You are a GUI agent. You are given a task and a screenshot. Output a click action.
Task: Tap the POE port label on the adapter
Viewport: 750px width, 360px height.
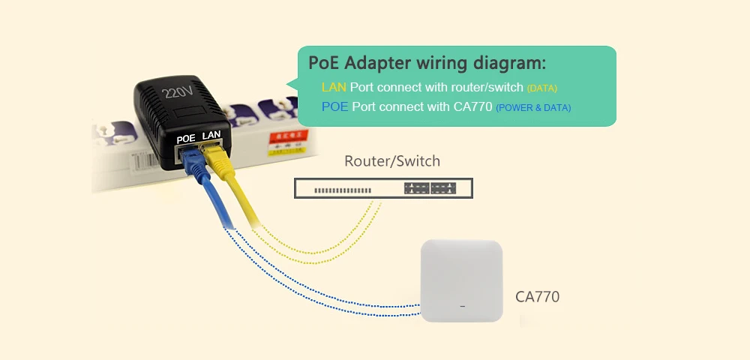[x=186, y=139]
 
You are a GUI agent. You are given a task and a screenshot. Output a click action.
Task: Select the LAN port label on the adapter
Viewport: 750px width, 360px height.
[x=211, y=135]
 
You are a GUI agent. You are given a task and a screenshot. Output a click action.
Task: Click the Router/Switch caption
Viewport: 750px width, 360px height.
[x=391, y=161]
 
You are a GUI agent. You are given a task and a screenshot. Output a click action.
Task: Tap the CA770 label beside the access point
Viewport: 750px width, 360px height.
[x=537, y=297]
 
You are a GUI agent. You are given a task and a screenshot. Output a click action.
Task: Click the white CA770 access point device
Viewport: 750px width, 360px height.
[x=460, y=280]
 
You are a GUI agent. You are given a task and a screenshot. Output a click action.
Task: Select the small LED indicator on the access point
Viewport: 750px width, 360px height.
[x=462, y=305]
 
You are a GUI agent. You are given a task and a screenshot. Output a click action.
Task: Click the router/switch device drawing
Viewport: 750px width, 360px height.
[x=383, y=188]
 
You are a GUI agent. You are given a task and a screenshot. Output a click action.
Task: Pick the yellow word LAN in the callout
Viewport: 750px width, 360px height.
[x=334, y=88]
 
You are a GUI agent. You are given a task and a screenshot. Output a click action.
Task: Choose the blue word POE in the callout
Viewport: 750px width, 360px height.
[x=335, y=107]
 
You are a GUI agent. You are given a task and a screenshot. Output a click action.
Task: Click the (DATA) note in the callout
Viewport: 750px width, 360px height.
[x=542, y=88]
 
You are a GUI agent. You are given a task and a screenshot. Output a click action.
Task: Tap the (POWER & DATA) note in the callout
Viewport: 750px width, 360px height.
[x=533, y=108]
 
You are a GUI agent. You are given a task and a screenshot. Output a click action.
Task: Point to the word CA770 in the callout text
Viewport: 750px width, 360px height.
[x=473, y=107]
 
